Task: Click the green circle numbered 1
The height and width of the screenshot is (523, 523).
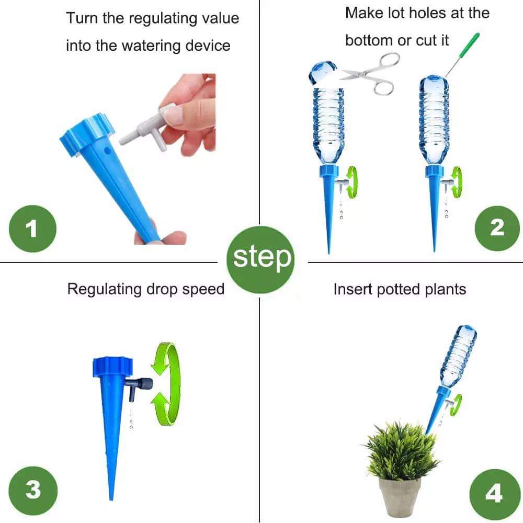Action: pyautogui.click(x=32, y=229)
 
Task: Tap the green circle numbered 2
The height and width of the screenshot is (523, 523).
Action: pyautogui.click(x=496, y=226)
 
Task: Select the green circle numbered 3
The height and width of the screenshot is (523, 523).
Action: pyautogui.click(x=32, y=490)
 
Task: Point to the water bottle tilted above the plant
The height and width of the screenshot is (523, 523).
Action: pyautogui.click(x=458, y=356)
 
